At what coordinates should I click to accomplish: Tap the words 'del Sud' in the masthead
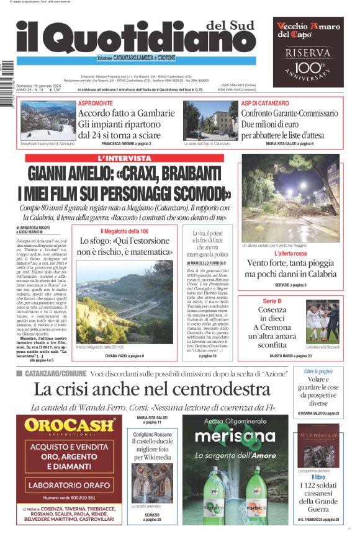[230, 25]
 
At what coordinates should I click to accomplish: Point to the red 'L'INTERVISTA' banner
[125, 159]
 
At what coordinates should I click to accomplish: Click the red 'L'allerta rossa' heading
[290, 254]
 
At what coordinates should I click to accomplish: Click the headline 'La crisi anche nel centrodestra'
[152, 389]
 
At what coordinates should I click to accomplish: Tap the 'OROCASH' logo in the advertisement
[70, 426]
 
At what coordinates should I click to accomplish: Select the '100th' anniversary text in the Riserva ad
[308, 66]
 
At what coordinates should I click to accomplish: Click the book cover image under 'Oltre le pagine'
[318, 446]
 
